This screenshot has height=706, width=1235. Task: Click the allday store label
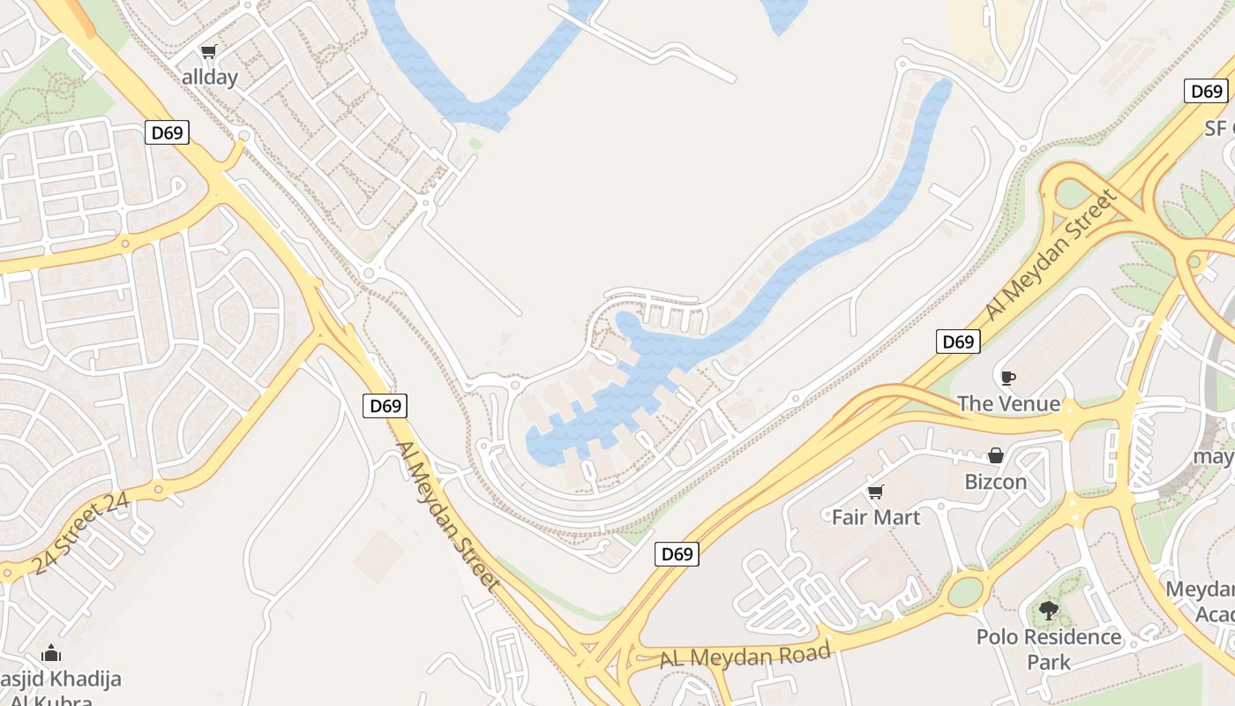click(210, 77)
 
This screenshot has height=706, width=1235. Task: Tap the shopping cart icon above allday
click(208, 52)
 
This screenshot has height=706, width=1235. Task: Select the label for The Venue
click(1008, 403)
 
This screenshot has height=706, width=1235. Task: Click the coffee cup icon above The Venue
click(1007, 379)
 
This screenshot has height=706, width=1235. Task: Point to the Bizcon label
click(996, 482)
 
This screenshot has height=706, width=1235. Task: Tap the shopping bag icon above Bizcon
click(996, 456)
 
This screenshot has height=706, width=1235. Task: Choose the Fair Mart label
click(876, 517)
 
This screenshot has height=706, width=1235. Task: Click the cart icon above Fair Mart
click(875, 492)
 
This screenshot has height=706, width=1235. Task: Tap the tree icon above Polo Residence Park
click(1048, 610)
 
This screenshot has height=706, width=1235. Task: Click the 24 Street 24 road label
click(80, 533)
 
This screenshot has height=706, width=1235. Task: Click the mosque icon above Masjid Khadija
click(51, 654)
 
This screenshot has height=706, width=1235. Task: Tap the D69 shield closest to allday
click(167, 133)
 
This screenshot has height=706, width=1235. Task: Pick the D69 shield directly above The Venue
click(958, 342)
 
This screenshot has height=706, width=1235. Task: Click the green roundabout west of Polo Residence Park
click(967, 590)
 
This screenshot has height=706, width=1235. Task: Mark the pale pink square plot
click(379, 556)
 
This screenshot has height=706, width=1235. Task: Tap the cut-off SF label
click(1218, 128)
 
